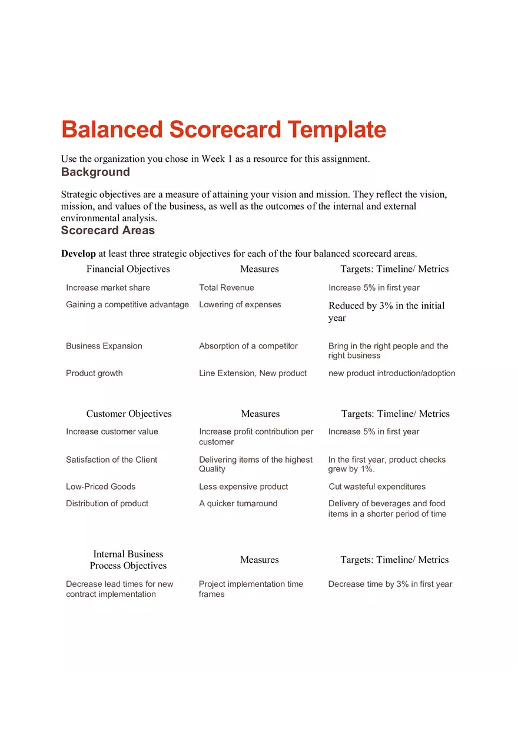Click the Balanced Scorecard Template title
[x=224, y=129]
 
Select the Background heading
[x=95, y=172]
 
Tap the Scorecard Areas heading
[x=108, y=230]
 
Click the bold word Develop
[x=78, y=254]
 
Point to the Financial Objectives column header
[x=128, y=269]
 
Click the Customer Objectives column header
[x=129, y=414]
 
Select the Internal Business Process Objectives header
[x=128, y=560]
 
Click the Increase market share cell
[x=108, y=288]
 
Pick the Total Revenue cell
[x=227, y=288]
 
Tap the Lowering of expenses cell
[x=240, y=304]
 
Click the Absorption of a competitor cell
[x=248, y=346]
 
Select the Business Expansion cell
[x=104, y=346]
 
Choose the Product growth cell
[x=94, y=373]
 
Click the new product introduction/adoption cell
[x=391, y=373]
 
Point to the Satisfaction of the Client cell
[x=111, y=460]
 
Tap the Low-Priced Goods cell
[x=101, y=487]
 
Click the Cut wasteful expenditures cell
[x=377, y=487]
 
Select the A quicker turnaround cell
[x=238, y=503]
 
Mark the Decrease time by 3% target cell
[x=390, y=584]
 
